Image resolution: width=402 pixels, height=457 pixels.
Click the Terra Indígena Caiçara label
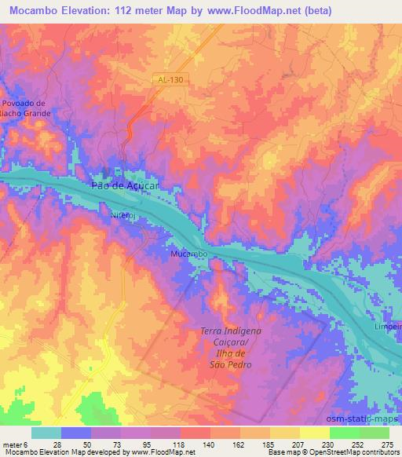point(225,336)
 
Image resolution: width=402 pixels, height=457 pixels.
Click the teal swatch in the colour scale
point(46,432)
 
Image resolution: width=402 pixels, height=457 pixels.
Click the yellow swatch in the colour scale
point(314,432)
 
